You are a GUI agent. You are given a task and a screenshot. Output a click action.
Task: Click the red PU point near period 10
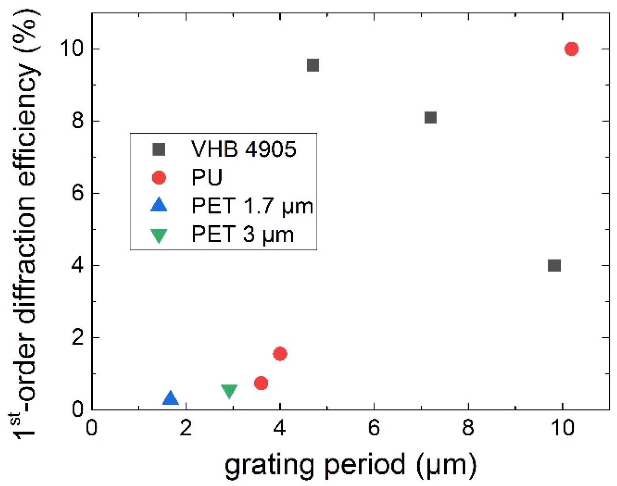(x=571, y=49)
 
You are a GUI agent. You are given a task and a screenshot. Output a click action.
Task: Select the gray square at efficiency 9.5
(x=313, y=65)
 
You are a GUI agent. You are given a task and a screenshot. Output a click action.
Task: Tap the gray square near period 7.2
(x=431, y=117)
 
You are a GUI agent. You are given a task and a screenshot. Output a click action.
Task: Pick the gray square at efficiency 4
(x=554, y=265)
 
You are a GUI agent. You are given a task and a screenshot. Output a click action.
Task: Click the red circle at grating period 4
(x=280, y=354)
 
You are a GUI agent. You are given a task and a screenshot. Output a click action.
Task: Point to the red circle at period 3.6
(x=261, y=383)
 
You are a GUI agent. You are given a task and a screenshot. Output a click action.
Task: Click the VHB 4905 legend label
(x=244, y=149)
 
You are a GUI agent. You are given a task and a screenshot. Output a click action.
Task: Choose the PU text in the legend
(x=207, y=177)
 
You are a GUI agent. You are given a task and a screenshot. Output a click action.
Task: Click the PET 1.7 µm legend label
(x=252, y=206)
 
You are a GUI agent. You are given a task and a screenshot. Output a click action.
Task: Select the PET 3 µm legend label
(x=242, y=234)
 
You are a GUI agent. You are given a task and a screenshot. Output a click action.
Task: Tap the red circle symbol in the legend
(x=159, y=177)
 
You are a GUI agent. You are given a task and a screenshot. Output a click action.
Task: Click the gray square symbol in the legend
(x=159, y=149)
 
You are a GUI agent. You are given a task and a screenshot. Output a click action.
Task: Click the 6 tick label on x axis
(x=374, y=428)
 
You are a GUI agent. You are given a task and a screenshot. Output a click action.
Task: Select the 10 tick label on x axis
(x=562, y=428)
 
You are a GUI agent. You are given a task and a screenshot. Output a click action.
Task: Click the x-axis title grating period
(x=350, y=465)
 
